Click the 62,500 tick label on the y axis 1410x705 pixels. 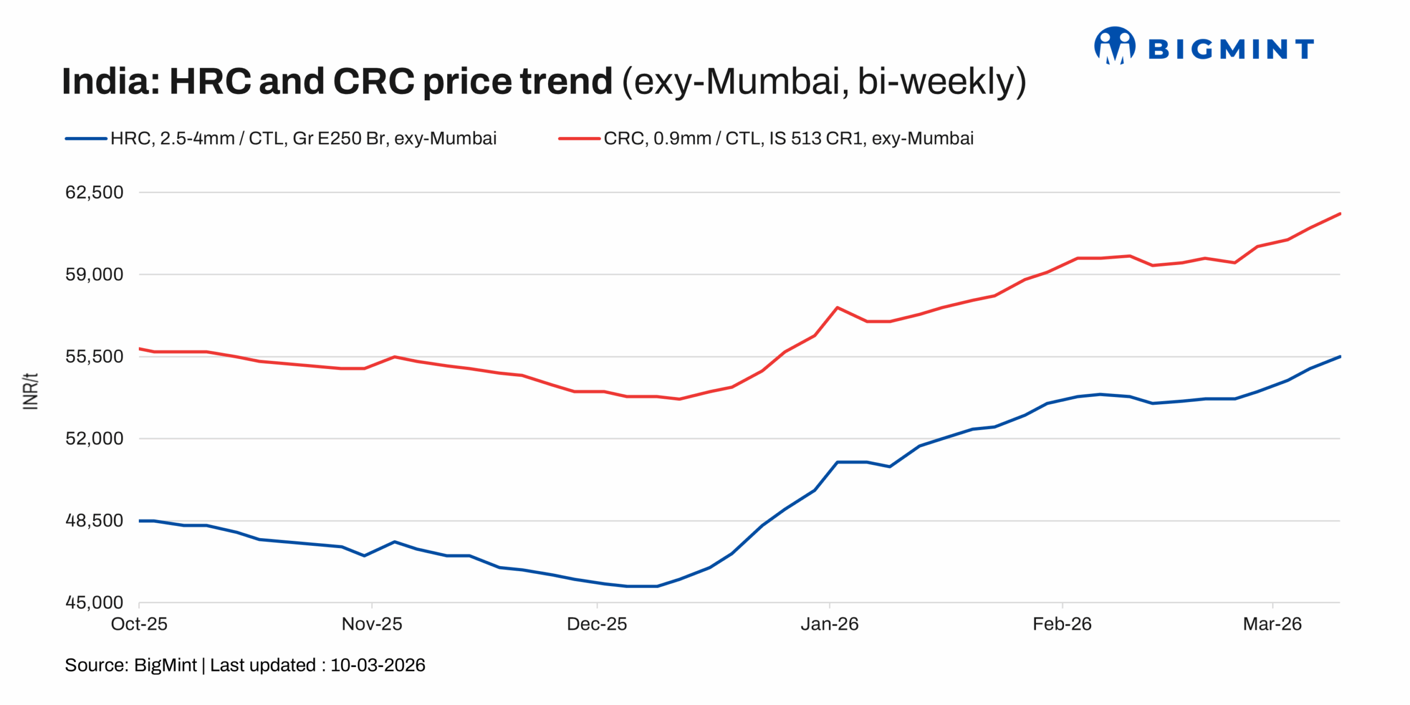coord(94,192)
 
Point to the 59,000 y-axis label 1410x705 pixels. coord(94,274)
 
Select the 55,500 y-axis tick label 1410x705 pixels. coord(94,356)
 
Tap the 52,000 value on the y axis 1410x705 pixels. coord(94,438)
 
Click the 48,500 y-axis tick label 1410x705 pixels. coord(94,520)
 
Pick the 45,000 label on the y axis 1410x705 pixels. coord(94,603)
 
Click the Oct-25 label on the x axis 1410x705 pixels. coord(139,624)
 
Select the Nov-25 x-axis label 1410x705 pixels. coord(372,624)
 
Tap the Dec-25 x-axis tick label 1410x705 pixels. coord(597,624)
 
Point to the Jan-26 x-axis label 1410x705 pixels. coord(829,624)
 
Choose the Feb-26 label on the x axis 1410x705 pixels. coord(1062,624)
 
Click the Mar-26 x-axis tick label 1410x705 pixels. coord(1272,624)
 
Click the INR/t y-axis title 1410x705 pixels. coord(31,392)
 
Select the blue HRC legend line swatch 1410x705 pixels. coord(86,139)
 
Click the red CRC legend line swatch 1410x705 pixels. coord(579,139)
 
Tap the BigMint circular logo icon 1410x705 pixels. coord(1114,46)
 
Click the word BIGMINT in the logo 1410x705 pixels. coord(1231,50)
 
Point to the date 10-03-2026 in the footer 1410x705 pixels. coord(378,665)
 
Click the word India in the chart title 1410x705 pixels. coord(110,82)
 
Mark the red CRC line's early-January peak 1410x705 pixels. coord(837,307)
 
